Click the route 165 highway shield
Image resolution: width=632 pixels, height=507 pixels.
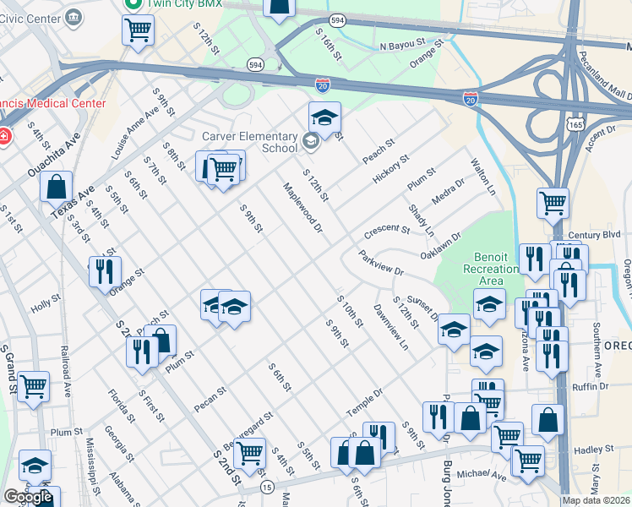point(574,123)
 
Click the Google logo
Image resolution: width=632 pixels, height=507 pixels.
point(28,497)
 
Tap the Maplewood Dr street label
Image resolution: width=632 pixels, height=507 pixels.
point(302,208)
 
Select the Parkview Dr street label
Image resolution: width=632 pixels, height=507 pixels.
point(381,264)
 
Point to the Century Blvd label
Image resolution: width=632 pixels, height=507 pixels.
point(595,234)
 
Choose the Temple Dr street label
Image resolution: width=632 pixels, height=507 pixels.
point(364,401)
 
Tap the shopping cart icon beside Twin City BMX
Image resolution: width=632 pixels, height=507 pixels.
point(138,30)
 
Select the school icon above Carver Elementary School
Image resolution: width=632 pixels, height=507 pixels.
point(324,118)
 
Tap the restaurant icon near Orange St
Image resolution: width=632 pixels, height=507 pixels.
point(105,271)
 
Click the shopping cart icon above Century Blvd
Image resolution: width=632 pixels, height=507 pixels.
point(553,202)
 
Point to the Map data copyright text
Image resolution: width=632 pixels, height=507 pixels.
point(597,499)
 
